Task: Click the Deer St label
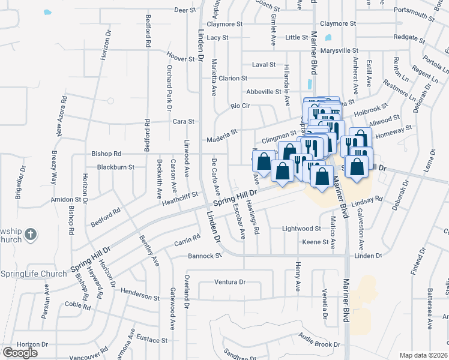coord(185,10)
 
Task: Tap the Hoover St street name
coord(182,59)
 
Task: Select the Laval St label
coord(264,64)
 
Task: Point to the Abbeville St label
coord(264,92)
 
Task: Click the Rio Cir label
coord(240,106)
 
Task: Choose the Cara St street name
coord(183,121)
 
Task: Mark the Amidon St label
coord(65,199)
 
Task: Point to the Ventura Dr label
coord(230,282)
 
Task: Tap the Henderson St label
coord(139,297)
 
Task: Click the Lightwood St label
coord(301,229)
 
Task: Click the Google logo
coord(20,353)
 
